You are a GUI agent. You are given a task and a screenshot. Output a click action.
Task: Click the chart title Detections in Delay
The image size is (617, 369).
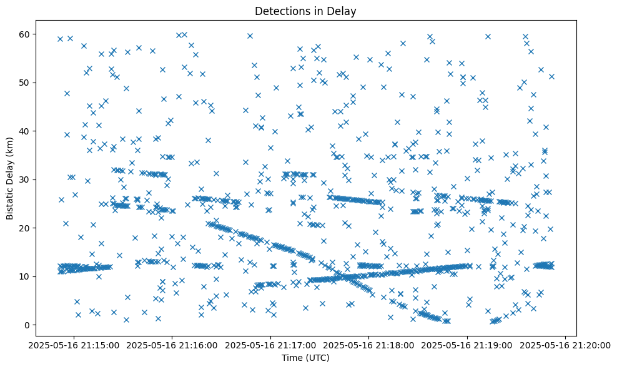(x=306, y=11)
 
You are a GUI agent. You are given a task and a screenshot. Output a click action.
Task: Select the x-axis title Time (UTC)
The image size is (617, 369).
(x=306, y=358)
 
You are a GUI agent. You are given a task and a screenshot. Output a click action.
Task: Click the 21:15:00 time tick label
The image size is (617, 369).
(x=75, y=345)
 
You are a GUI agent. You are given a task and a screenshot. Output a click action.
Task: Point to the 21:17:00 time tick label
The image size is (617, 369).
(x=271, y=345)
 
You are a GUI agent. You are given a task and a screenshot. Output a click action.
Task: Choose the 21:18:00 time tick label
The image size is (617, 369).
(x=369, y=345)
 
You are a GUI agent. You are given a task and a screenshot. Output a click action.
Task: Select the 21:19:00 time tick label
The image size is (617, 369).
(x=467, y=345)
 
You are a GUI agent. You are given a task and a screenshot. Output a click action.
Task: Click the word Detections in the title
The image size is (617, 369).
(x=280, y=11)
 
